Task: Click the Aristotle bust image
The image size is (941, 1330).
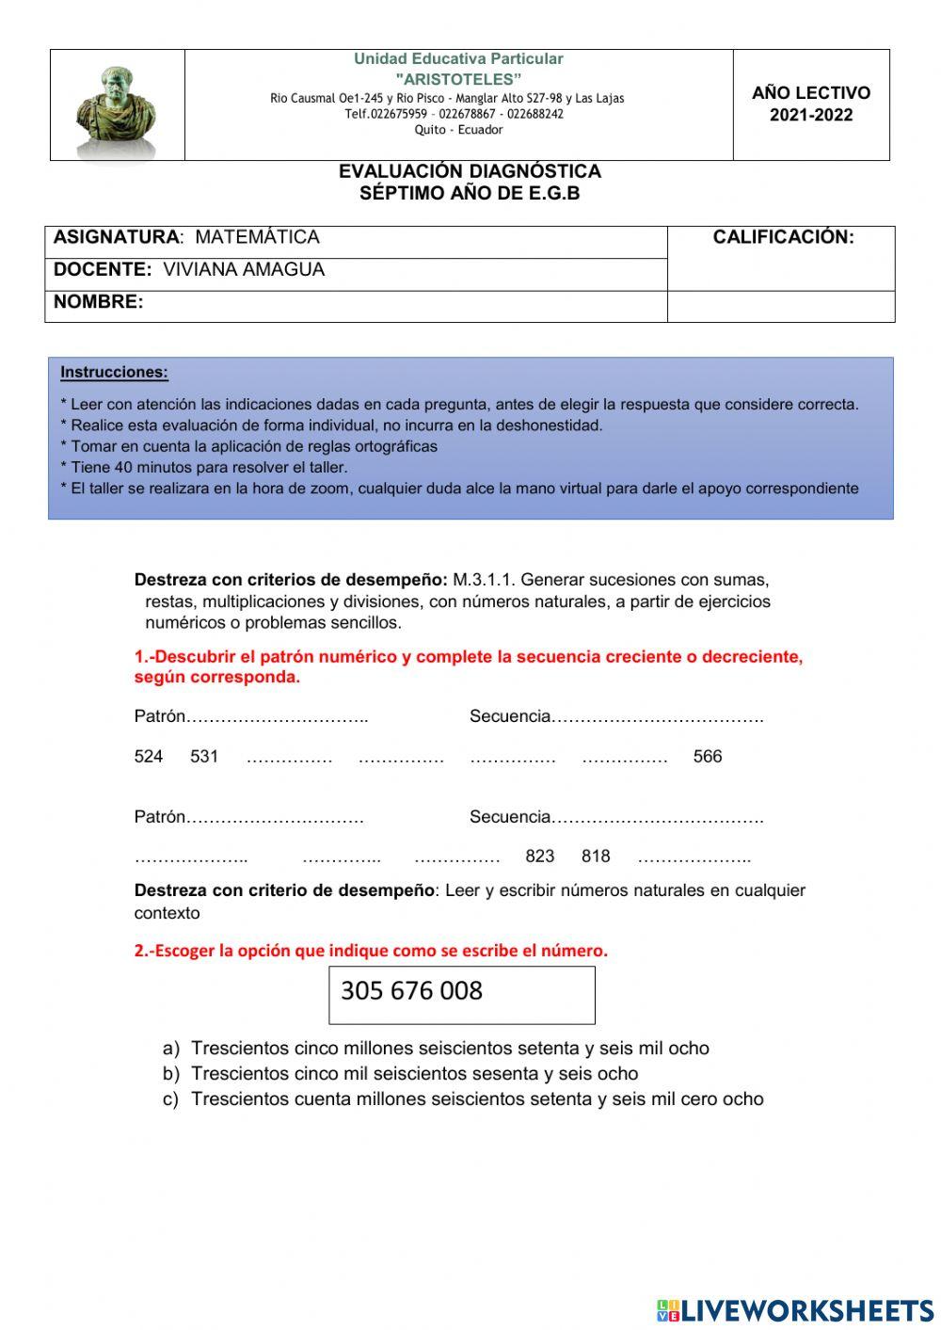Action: point(116,105)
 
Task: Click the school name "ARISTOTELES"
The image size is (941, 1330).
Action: point(458,79)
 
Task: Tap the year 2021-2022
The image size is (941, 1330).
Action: point(811,115)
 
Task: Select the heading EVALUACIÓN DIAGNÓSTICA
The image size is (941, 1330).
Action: point(470,171)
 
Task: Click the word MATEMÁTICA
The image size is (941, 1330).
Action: point(257,237)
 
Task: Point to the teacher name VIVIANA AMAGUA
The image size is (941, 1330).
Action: point(243,269)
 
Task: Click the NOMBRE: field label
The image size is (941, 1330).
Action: point(99,302)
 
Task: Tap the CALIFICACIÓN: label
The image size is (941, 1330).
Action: point(783,237)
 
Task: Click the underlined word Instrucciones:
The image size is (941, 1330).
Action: point(114,373)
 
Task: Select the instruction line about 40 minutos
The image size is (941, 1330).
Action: point(203,468)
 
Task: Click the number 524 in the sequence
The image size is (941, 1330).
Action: point(149,757)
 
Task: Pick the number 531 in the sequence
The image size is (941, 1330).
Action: point(204,757)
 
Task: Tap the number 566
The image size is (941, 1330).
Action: point(708,757)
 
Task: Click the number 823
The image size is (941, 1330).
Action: point(540,857)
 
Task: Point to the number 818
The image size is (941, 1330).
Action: point(596,857)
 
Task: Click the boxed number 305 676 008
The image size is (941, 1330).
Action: point(411,991)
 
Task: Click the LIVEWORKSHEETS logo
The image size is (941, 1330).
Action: point(795,1310)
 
